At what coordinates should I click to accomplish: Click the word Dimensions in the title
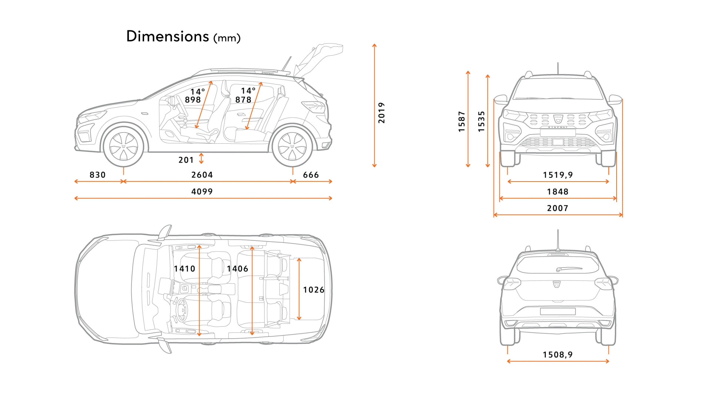pos(167,36)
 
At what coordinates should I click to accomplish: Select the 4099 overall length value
pos(202,192)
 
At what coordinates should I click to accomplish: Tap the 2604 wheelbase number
pos(202,175)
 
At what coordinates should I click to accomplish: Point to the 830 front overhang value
pos(97,175)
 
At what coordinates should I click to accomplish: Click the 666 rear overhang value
pos(311,175)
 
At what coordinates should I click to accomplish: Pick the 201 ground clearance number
pos(186,160)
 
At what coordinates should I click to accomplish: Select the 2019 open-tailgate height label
pos(382,113)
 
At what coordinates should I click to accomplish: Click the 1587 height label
pos(462,121)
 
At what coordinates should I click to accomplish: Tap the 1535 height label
pos(481,121)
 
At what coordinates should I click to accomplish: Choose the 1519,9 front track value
pos(558,175)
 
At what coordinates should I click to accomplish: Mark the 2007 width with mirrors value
pos(558,208)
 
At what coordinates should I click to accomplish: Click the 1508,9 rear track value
pos(558,355)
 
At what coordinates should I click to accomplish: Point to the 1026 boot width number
pos(313,290)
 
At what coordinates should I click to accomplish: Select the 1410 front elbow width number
pos(185,269)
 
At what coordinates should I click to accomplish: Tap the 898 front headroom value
pos(193,100)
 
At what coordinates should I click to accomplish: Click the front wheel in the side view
pos(123,147)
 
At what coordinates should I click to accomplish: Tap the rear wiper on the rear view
pos(569,269)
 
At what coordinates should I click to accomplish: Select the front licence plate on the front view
pos(558,132)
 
